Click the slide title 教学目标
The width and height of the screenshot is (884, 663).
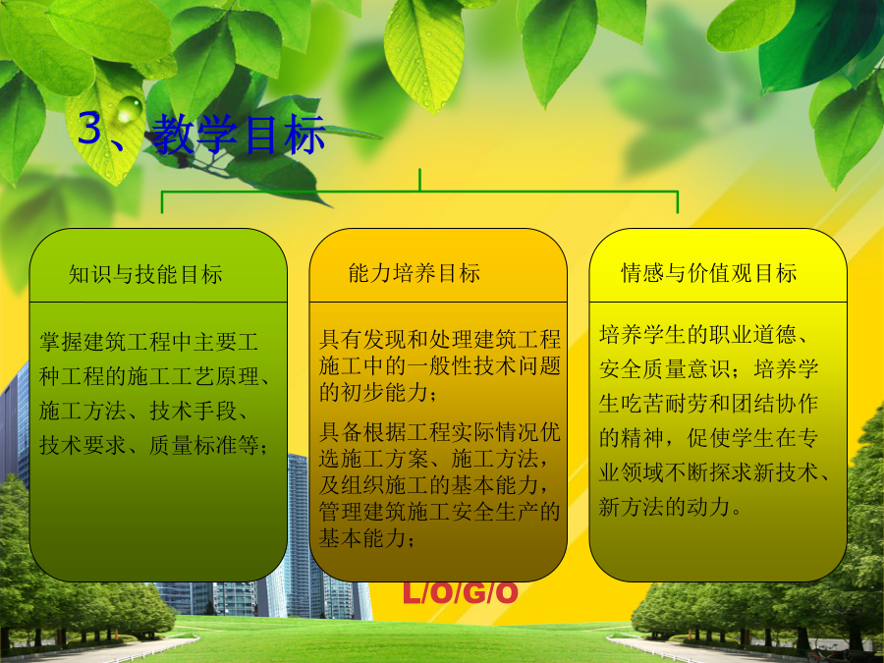239,134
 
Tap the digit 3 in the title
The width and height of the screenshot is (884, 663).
89,128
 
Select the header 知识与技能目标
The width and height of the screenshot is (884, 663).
145,275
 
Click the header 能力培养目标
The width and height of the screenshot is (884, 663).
414,273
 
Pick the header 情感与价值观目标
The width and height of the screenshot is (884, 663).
708,273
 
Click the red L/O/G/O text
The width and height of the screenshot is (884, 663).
460,592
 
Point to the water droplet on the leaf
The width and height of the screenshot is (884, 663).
129,108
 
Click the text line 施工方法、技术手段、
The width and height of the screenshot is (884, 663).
143,411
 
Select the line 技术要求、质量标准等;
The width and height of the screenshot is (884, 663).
153,445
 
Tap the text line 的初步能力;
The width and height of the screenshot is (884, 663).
378,392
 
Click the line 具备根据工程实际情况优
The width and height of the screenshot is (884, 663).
440,432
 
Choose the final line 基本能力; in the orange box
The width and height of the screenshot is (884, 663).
367,538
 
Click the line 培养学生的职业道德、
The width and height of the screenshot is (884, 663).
703,335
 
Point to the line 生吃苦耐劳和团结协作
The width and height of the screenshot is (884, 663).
708,404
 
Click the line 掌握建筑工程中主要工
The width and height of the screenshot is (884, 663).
149,342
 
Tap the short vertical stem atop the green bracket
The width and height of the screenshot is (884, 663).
420,180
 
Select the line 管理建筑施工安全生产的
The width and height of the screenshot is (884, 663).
440,512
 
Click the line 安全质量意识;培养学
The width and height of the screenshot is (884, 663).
708,369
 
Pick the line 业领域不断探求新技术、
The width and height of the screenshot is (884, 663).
714,472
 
